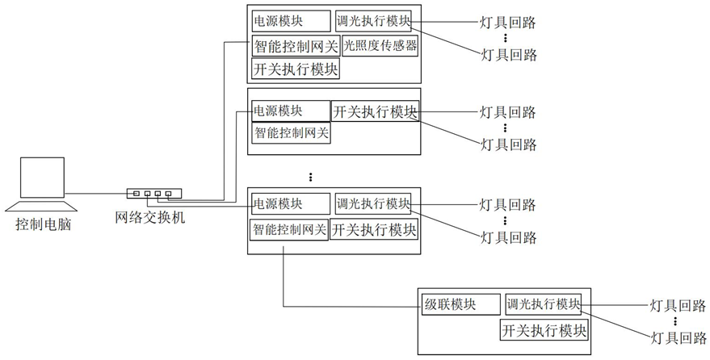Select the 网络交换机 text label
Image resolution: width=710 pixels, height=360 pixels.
coord(151,216)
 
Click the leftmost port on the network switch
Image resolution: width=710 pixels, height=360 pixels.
coord(137,194)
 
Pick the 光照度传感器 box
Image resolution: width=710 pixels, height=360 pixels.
coord(380,46)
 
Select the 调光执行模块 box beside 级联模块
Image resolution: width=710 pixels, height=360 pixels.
coord(543,305)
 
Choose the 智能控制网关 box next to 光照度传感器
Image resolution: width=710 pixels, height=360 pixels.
coord(296,46)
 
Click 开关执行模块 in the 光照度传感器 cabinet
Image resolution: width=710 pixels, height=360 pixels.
coord(296,69)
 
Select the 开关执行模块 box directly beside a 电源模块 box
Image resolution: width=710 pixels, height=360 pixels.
coord(376,111)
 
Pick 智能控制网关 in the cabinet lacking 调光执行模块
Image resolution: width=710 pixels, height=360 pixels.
coord(292,132)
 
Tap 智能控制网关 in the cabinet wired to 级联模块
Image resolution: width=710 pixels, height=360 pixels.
coord(289,229)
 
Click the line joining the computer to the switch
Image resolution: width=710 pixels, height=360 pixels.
coord(97,194)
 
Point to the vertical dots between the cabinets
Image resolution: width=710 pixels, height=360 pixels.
coord(311,176)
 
